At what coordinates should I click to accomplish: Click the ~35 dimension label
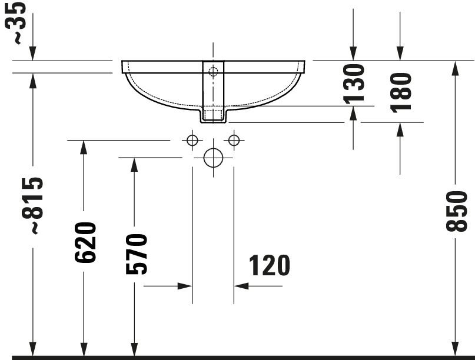(x=15, y=23)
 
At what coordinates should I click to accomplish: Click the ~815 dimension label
(x=33, y=205)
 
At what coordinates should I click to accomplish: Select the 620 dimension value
(x=85, y=242)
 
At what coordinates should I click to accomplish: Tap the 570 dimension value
(x=137, y=254)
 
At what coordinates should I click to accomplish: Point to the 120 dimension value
(x=270, y=265)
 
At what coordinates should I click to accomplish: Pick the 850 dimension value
(x=457, y=211)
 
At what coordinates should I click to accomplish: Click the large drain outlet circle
(x=213, y=158)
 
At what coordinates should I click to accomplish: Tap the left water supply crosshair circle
(x=192, y=140)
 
